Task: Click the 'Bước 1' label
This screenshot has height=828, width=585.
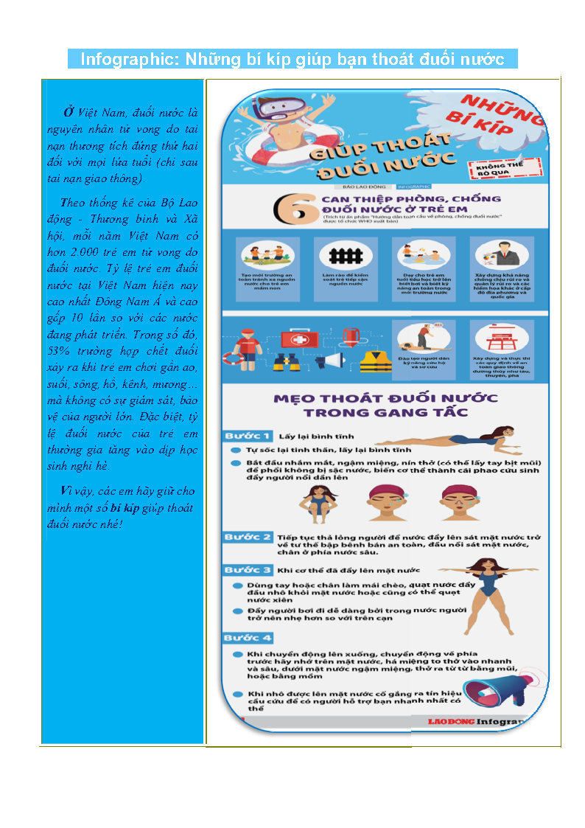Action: pyautogui.click(x=248, y=435)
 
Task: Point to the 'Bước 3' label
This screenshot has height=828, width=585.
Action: pyautogui.click(x=248, y=570)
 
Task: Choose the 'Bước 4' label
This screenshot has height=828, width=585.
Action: pyautogui.click(x=248, y=637)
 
